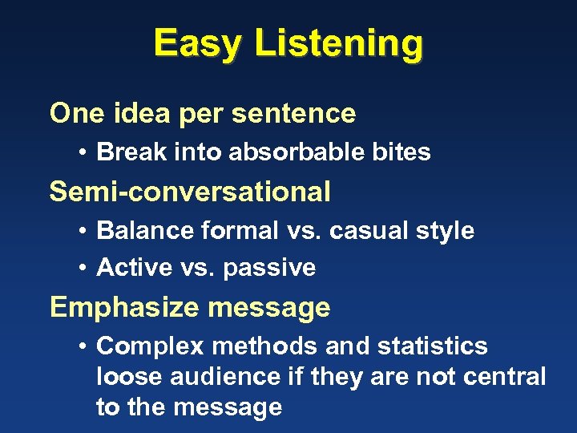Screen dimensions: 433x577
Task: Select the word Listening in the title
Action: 338,43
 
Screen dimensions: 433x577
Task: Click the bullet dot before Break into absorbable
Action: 83,152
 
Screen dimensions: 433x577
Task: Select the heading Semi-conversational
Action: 190,192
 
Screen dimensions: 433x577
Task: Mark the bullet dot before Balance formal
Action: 83,231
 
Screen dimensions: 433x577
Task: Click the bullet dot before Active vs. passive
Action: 83,268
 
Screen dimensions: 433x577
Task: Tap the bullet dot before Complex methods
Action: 83,346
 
